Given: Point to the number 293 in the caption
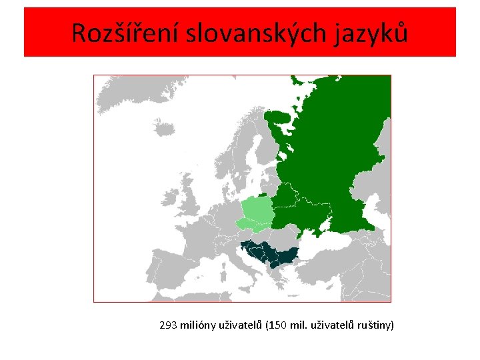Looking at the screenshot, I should pyautogui.click(x=168, y=326).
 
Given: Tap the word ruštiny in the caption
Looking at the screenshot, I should pyautogui.click(x=377, y=326).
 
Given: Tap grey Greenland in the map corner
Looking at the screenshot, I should pyautogui.click(x=107, y=83).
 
